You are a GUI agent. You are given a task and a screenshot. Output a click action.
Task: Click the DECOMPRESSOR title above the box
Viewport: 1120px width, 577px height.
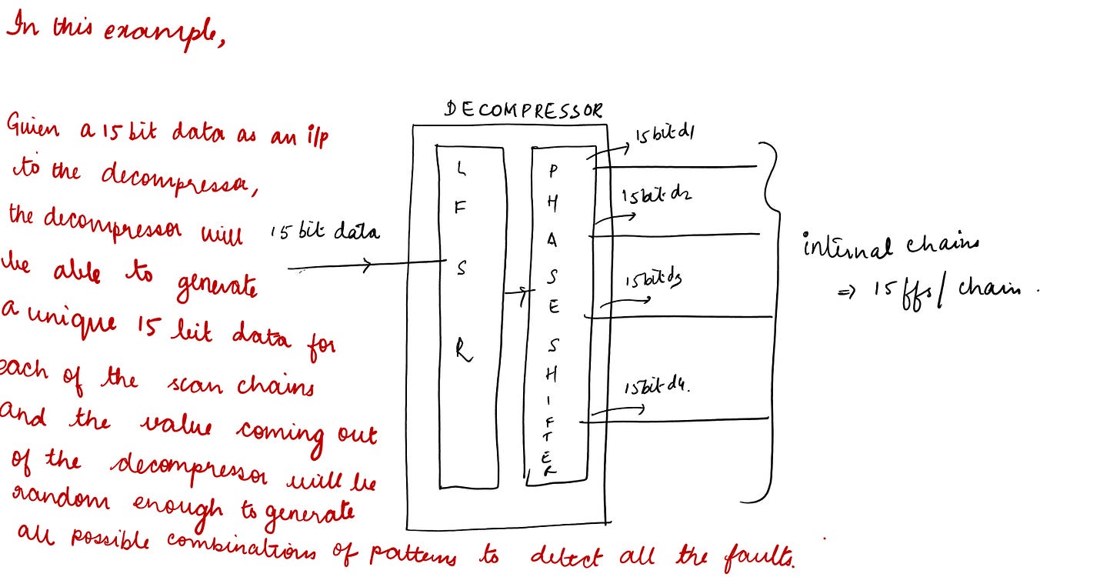click(x=524, y=110)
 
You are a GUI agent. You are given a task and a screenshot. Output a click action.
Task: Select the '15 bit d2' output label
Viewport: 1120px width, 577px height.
click(x=656, y=196)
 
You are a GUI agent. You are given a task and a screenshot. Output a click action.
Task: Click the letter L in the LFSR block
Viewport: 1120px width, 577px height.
click(x=460, y=166)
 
